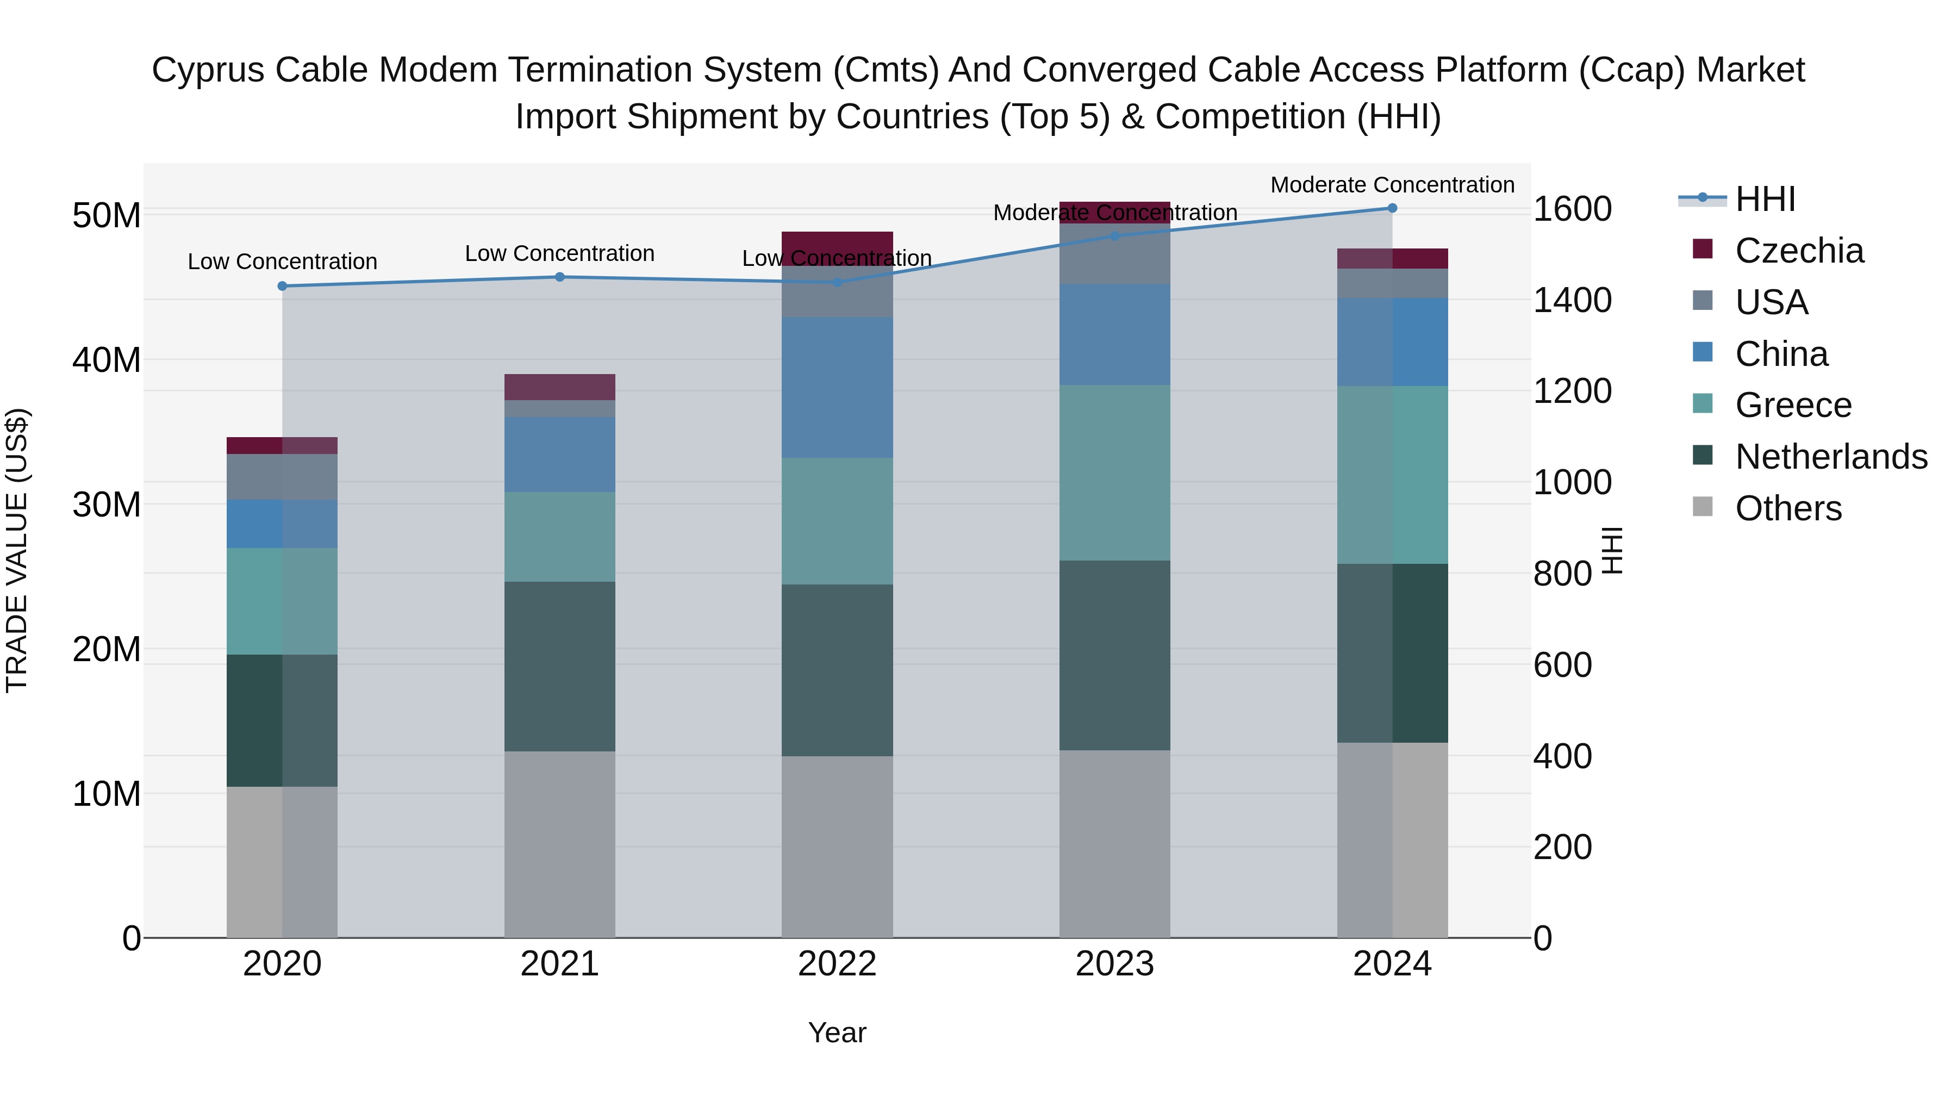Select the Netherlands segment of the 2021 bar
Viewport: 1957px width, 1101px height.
(x=559, y=667)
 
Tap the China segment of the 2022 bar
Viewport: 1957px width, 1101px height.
(x=837, y=388)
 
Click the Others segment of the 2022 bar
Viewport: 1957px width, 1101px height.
(x=837, y=847)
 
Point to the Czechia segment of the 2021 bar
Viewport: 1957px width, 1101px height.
(x=559, y=387)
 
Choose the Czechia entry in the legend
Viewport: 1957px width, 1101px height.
(x=1798, y=251)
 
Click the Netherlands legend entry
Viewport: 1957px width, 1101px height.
(x=1830, y=457)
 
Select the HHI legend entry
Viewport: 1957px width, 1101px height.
(x=1765, y=199)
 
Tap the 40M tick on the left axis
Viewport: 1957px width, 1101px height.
(x=107, y=360)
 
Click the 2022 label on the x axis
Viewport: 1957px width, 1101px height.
(x=837, y=964)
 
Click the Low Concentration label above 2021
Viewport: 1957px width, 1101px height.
(x=559, y=254)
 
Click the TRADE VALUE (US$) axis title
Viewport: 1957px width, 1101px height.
(x=17, y=550)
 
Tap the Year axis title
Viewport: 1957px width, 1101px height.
(x=837, y=1032)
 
